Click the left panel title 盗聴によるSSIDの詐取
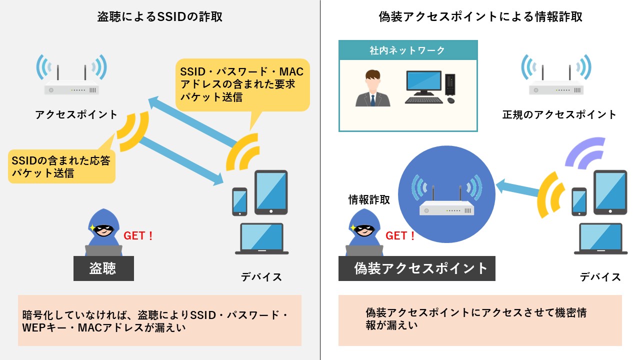tap(160, 17)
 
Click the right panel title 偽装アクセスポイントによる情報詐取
tap(480, 17)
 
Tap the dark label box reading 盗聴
tap(103, 268)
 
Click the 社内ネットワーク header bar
tap(408, 50)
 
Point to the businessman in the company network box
tap(373, 88)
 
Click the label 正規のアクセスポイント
tap(559, 115)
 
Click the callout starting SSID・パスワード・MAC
tap(242, 83)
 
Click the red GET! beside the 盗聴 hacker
tap(138, 235)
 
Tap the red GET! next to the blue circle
tap(400, 235)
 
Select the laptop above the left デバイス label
tap(261, 239)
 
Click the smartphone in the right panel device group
tap(579, 201)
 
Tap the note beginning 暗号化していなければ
tap(159, 320)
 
